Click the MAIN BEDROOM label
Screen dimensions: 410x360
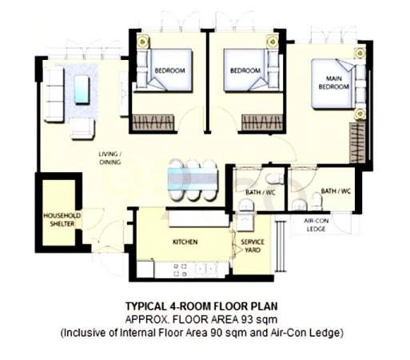click(x=333, y=82)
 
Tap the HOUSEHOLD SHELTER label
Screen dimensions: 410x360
click(x=62, y=219)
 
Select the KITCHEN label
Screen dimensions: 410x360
click(x=185, y=242)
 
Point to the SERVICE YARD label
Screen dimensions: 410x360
click(x=253, y=246)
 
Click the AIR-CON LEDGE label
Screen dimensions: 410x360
click(x=316, y=225)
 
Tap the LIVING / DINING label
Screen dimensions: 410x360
click(x=110, y=158)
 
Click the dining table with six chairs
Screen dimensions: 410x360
click(x=193, y=179)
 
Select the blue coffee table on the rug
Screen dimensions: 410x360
click(x=82, y=90)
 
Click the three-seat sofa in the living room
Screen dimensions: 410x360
click(x=54, y=94)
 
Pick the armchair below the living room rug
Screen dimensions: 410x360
click(x=82, y=129)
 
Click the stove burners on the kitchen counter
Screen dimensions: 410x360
click(x=180, y=270)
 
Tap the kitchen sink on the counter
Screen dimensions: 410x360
click(x=205, y=269)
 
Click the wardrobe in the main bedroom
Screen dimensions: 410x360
click(x=356, y=142)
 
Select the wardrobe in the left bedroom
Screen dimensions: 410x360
click(x=153, y=123)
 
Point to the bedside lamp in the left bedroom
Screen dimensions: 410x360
click(x=143, y=42)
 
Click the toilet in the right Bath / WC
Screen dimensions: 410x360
click(x=316, y=201)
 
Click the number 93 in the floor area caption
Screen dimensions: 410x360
click(x=246, y=319)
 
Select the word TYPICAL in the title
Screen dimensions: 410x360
click(x=145, y=306)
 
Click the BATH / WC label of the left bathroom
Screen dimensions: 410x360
click(x=261, y=192)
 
